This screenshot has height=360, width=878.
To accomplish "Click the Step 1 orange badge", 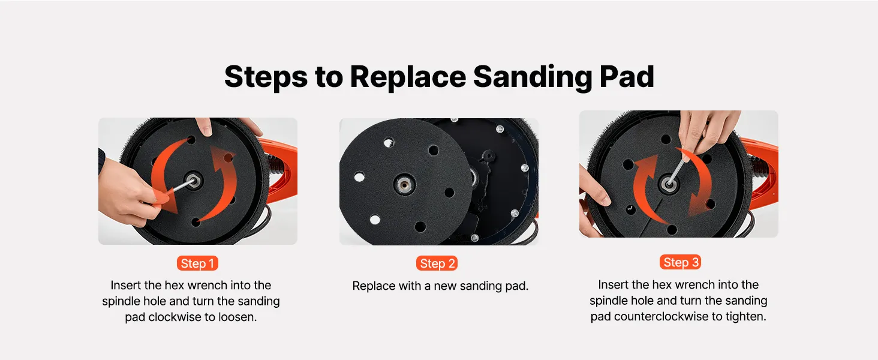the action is coord(197,263).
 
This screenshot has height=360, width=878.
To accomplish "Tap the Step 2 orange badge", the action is coord(437,263).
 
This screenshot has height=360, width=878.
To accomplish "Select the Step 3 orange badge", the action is coord(680,262).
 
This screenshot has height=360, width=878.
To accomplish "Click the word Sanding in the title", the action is coord(533,77).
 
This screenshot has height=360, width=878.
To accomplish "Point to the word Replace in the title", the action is coord(408,77).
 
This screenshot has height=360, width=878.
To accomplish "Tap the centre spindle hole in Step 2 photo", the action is coord(404,184).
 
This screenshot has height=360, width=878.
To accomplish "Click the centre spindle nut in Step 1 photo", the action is coord(193,181).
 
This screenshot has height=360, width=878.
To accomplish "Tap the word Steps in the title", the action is coord(266,77).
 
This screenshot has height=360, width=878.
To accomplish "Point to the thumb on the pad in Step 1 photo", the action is coord(204,126).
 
